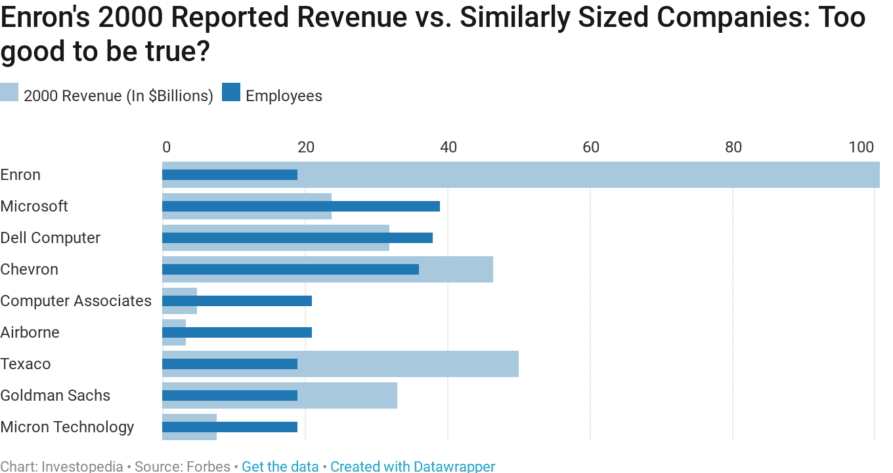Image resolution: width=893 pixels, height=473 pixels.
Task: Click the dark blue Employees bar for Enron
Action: (230, 175)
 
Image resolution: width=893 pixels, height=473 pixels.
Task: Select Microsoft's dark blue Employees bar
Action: (301, 206)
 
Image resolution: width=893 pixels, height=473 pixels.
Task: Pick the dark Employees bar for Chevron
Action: (290, 269)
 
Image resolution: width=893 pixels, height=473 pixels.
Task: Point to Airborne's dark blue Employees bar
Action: (237, 332)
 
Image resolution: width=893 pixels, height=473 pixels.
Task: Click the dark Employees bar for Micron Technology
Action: (230, 427)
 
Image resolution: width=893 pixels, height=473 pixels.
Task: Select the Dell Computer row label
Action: (51, 238)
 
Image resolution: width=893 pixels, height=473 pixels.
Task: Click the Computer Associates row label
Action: (76, 301)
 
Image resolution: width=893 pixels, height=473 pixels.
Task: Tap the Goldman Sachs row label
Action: (55, 395)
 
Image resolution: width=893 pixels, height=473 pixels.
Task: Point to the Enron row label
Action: (20, 175)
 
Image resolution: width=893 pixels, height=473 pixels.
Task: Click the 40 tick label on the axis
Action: (448, 147)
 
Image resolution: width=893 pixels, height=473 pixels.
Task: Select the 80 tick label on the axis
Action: (733, 147)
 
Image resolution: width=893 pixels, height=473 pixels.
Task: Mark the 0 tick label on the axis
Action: (166, 147)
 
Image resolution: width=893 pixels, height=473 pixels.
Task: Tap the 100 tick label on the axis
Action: (861, 147)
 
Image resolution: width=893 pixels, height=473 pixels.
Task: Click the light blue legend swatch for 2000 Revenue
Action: (9, 93)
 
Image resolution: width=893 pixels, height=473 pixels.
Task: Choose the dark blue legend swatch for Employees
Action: (231, 93)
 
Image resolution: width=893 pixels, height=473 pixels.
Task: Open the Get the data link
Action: (280, 466)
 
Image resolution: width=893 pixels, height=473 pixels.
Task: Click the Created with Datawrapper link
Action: (412, 466)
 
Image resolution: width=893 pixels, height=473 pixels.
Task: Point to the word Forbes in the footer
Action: (208, 466)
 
